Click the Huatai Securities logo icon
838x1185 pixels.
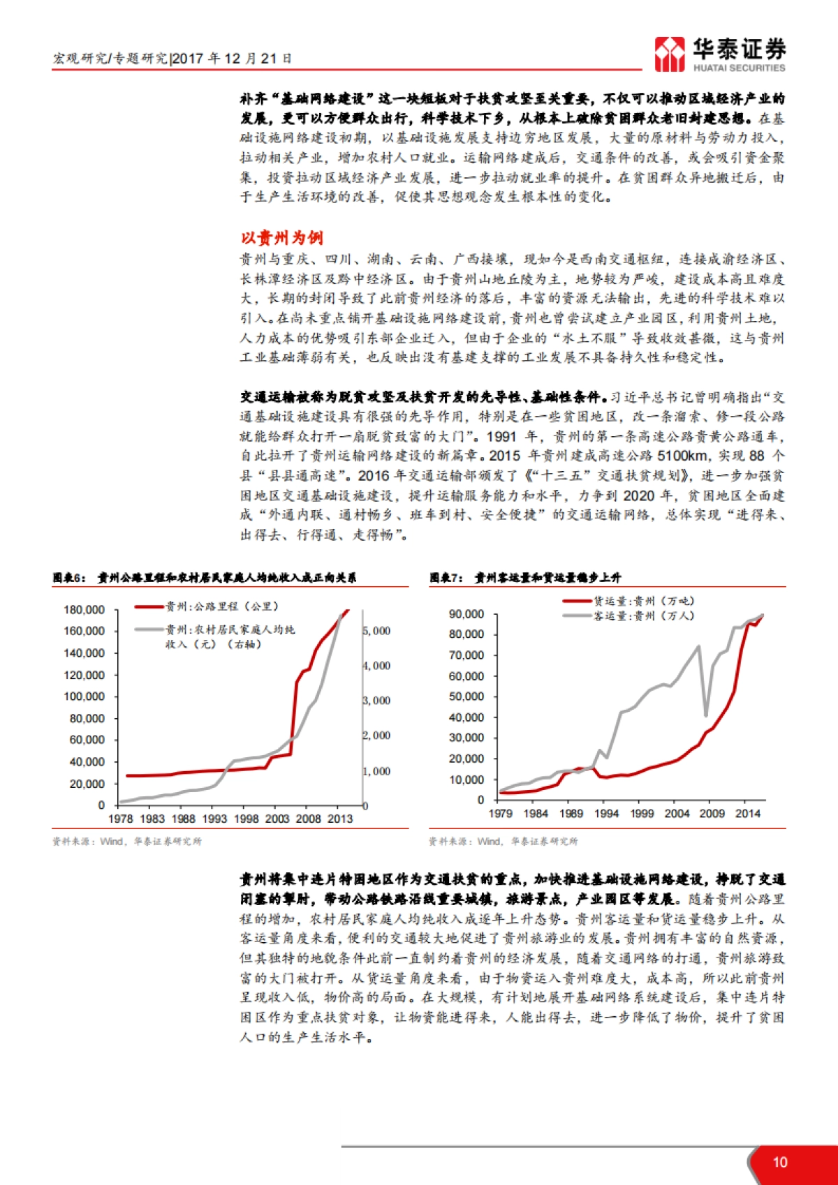tap(670, 54)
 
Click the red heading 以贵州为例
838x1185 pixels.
tap(281, 238)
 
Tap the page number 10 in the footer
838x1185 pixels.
tap(780, 1162)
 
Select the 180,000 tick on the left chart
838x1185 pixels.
tap(84, 610)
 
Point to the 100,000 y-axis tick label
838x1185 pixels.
tap(84, 696)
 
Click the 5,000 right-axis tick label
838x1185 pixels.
tap(377, 631)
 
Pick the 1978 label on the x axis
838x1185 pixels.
tap(121, 819)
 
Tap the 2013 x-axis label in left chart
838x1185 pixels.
tap(340, 819)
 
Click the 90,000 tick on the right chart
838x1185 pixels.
tap(466, 614)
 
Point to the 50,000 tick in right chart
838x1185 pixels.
tap(466, 696)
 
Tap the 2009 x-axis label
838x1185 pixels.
tap(712, 813)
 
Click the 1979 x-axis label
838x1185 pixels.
tap(500, 813)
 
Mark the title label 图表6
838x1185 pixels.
tap(69, 578)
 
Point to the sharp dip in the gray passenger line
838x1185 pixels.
tap(706, 715)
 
